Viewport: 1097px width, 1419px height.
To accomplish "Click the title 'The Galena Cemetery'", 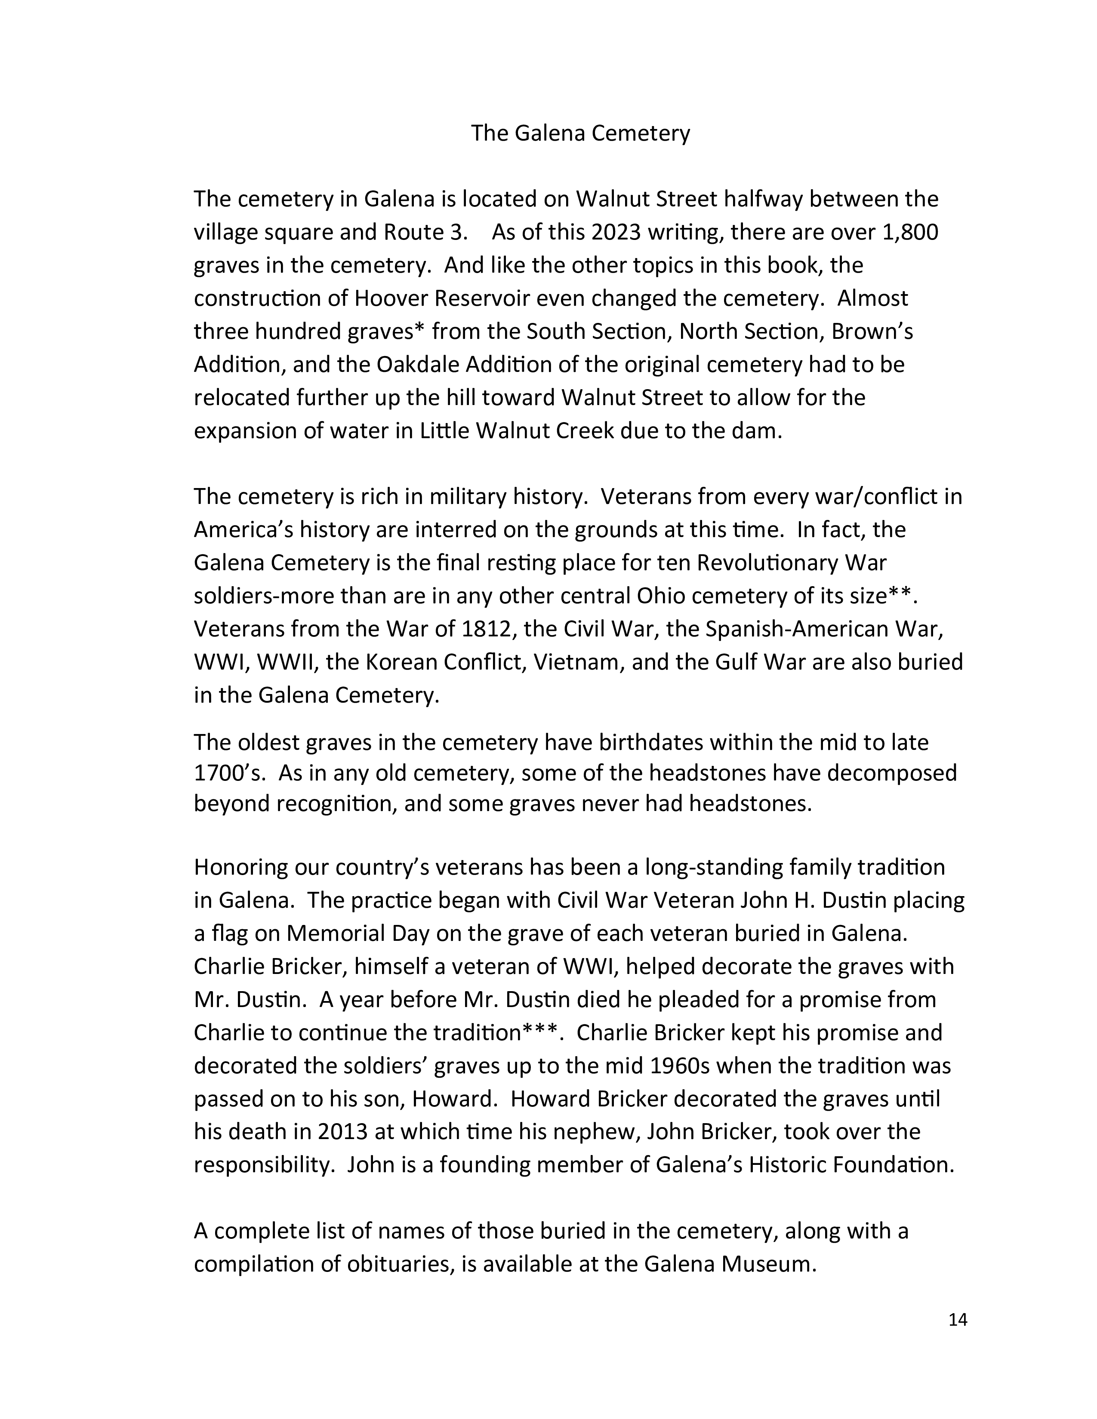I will [x=580, y=133].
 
